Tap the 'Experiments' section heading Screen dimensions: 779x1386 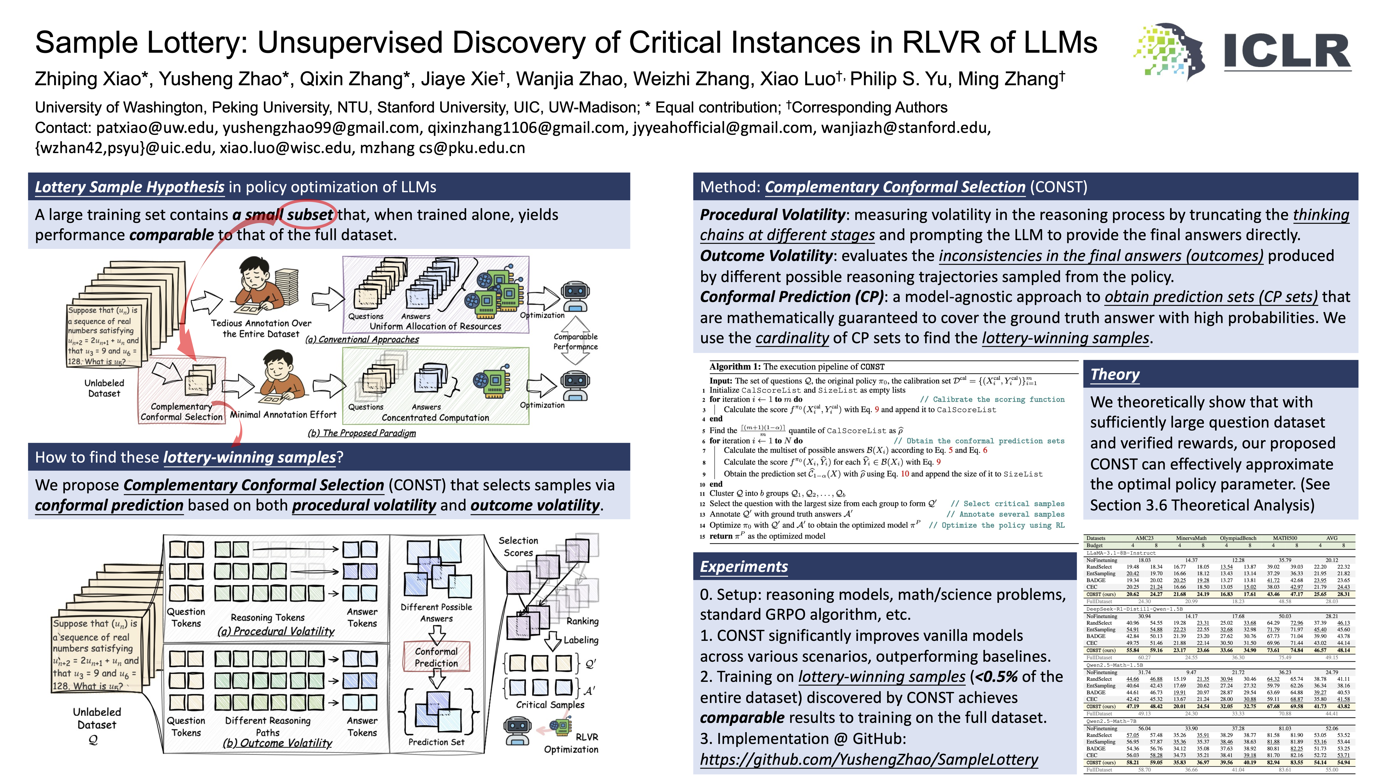(x=744, y=567)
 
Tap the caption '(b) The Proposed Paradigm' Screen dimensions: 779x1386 (x=362, y=433)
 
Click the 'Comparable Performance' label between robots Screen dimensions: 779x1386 (x=575, y=341)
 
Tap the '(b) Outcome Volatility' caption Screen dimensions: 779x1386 (x=278, y=743)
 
